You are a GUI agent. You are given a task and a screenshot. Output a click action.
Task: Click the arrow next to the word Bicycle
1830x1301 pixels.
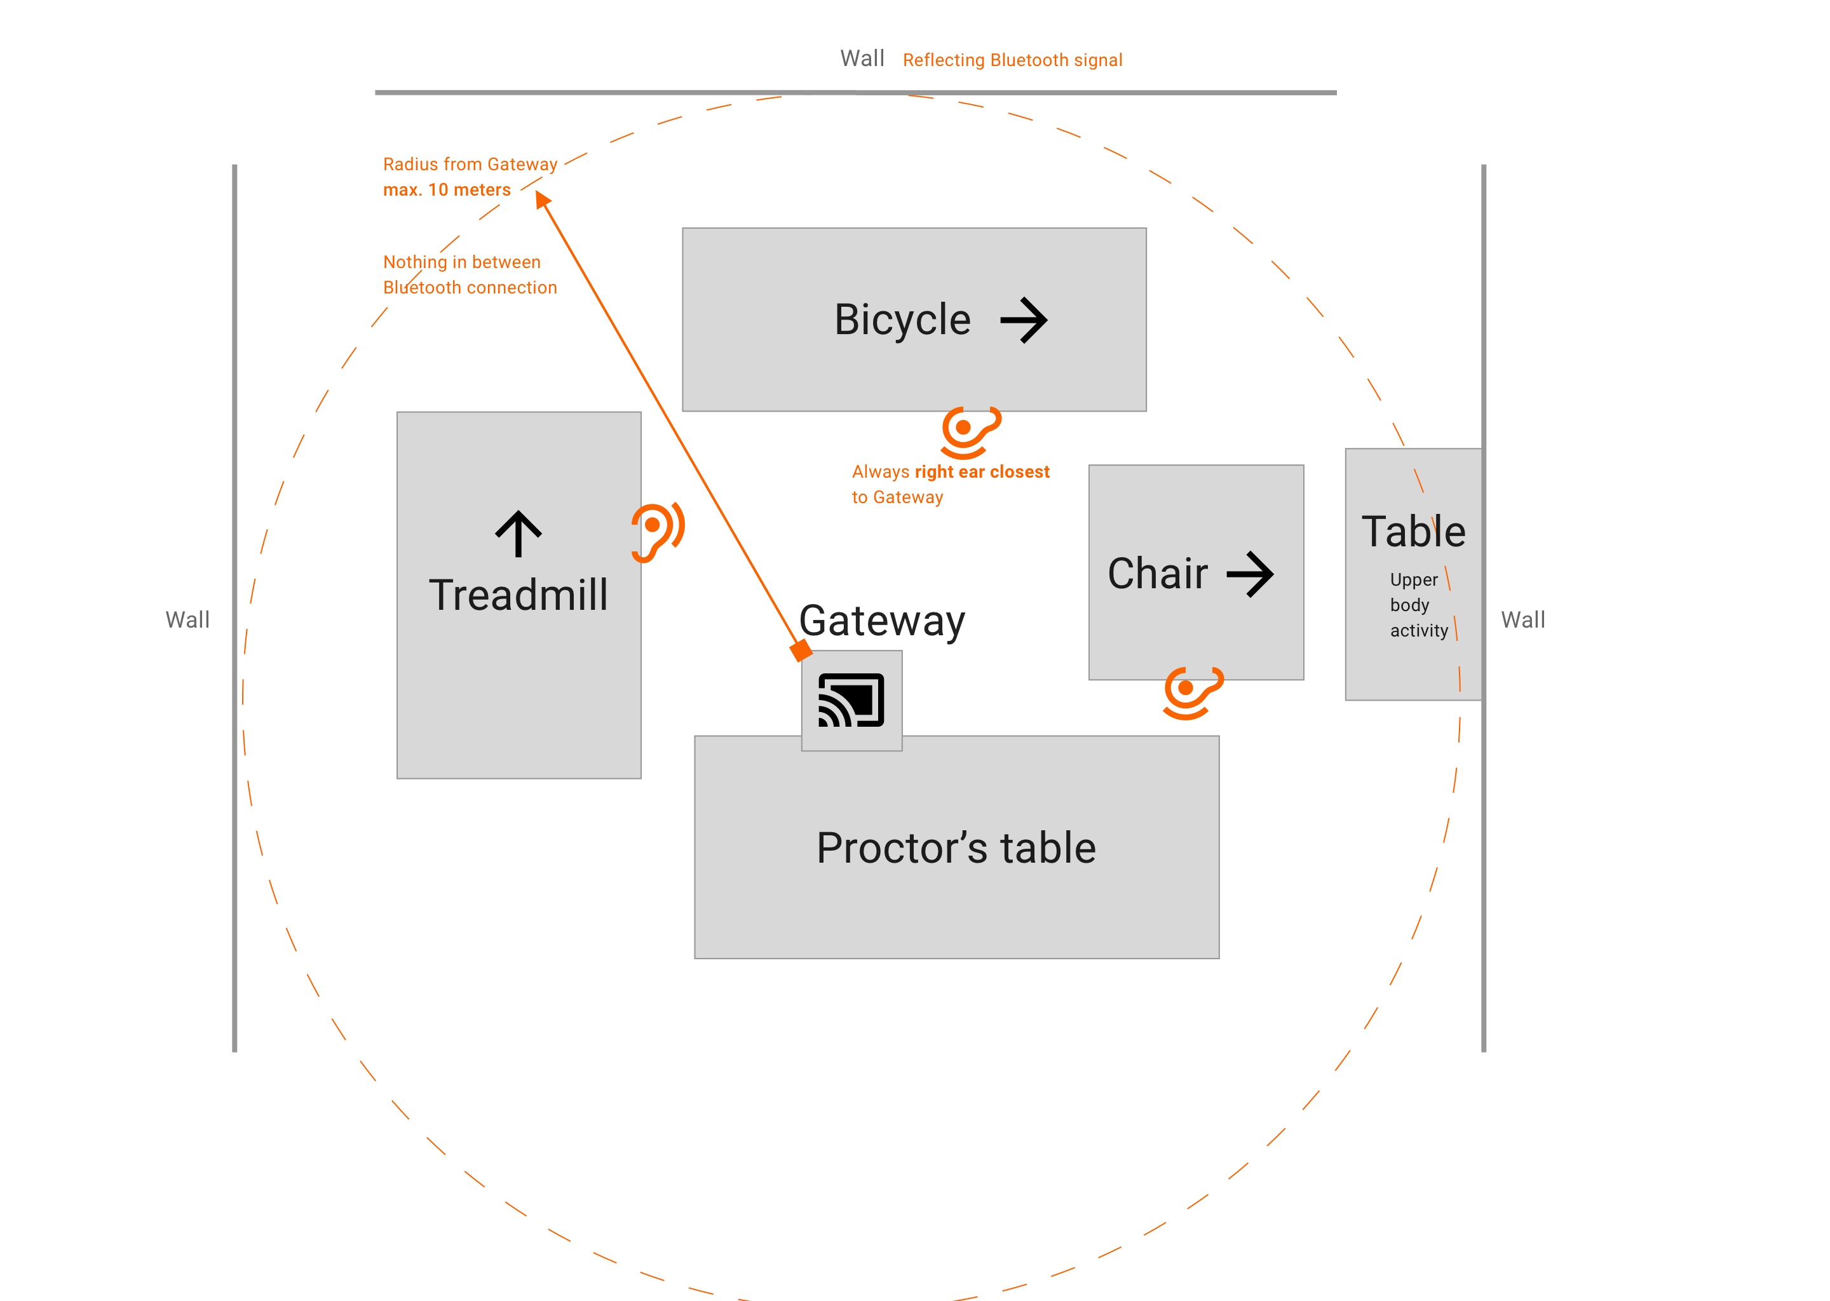[1023, 320]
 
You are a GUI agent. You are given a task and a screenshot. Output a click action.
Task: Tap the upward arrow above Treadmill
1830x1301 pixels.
[518, 534]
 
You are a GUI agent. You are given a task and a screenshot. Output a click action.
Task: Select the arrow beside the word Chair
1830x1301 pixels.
[1249, 574]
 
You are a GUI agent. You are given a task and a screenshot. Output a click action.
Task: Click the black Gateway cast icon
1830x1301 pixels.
[851, 700]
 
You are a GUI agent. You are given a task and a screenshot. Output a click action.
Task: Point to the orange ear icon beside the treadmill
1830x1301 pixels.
[657, 531]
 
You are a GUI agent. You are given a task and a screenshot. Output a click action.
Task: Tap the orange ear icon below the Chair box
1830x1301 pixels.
[1192, 692]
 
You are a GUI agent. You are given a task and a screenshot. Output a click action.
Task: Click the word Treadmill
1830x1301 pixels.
[518, 595]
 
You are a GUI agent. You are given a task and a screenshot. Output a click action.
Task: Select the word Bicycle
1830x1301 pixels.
[902, 320]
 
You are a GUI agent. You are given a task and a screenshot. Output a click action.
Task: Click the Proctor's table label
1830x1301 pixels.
[956, 847]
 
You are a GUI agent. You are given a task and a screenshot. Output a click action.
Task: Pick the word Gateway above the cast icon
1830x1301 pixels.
[882, 621]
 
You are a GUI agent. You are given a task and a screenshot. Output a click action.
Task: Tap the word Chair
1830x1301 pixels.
[1157, 574]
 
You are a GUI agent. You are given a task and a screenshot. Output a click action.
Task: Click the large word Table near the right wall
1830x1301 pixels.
[1413, 531]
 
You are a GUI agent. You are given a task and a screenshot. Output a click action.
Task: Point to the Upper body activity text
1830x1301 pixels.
[1418, 605]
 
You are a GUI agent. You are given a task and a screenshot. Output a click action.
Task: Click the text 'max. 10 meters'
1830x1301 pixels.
[446, 190]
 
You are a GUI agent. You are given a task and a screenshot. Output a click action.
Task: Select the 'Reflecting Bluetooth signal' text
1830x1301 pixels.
[1012, 60]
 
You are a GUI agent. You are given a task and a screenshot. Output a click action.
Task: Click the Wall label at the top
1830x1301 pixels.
[862, 58]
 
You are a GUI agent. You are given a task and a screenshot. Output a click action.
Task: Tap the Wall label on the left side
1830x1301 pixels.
[187, 619]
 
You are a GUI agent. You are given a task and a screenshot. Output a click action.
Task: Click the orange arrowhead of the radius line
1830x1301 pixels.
[543, 199]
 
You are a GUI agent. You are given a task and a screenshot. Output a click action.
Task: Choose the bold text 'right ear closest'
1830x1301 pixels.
[982, 472]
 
